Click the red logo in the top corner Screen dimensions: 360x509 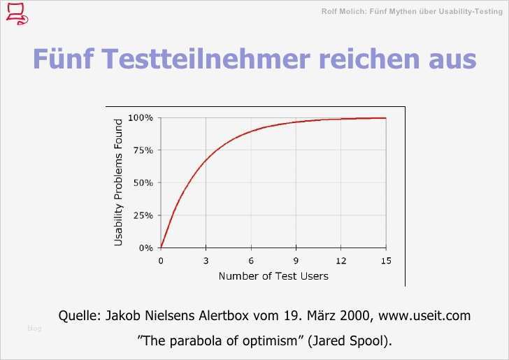[16, 13]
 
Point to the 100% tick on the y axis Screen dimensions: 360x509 [141, 117]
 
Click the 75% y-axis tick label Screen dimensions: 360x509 [143, 150]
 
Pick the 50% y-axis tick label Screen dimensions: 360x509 [143, 182]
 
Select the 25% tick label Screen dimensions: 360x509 [143, 215]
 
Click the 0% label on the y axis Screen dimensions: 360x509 [145, 247]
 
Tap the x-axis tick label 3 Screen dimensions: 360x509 [206, 261]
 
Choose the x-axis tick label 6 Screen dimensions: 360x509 [251, 261]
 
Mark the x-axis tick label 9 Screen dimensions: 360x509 [296, 261]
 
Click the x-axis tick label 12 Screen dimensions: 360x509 [340, 261]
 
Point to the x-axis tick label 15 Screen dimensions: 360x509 [385, 261]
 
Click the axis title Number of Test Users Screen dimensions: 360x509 [273, 275]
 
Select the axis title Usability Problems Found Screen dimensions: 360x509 [118, 182]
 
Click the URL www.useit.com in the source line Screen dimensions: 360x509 [424, 315]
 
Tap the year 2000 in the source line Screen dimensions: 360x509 [356, 315]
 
